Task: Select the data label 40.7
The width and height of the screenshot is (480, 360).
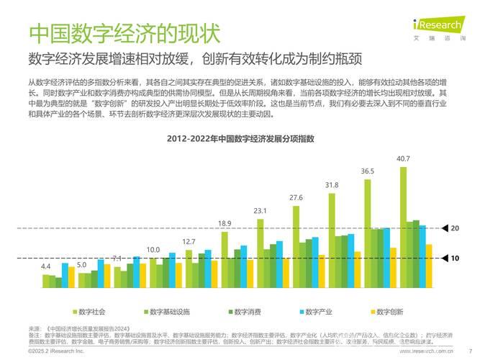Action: click(x=403, y=158)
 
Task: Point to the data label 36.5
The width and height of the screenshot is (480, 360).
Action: click(x=367, y=171)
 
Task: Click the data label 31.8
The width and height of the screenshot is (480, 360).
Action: click(x=331, y=185)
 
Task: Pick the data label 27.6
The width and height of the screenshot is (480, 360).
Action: click(x=296, y=197)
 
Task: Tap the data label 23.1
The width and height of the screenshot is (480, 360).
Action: click(x=260, y=211)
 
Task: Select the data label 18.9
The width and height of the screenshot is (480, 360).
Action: click(x=225, y=223)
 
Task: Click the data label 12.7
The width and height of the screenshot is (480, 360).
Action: click(x=189, y=241)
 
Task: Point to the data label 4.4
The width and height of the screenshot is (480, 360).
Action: click(x=46, y=266)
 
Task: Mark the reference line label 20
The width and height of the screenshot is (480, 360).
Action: click(x=454, y=228)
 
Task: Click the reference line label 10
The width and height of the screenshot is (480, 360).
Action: click(x=454, y=257)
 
